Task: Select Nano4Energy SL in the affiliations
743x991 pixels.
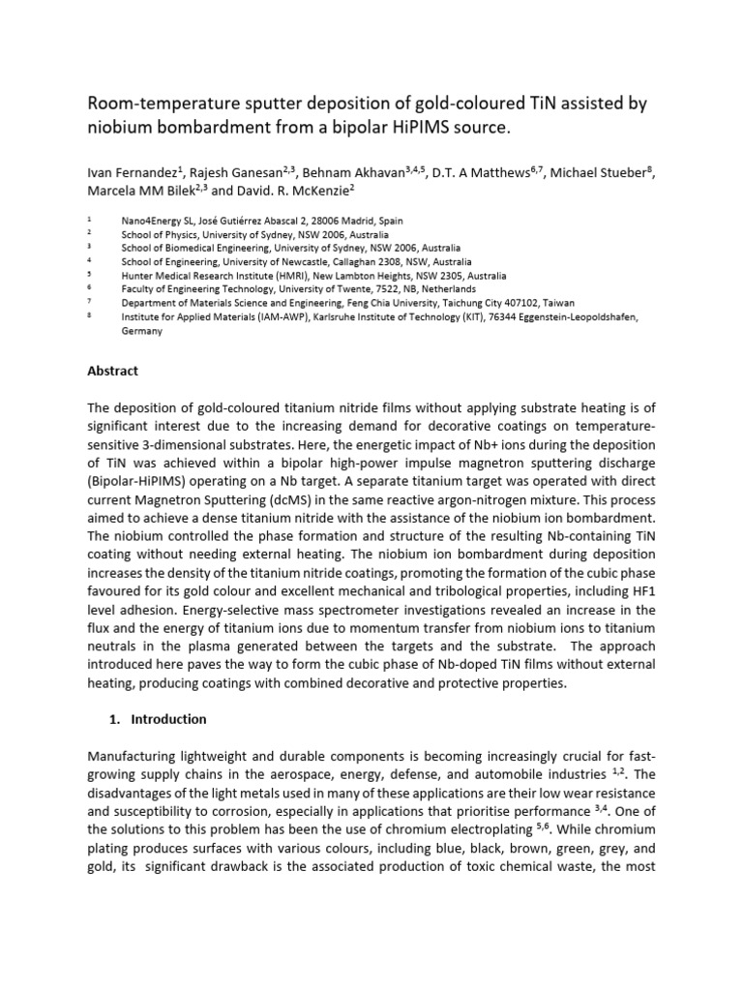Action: pyautogui.click(x=160, y=221)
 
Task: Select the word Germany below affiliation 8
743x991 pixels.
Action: pyautogui.click(x=141, y=330)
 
